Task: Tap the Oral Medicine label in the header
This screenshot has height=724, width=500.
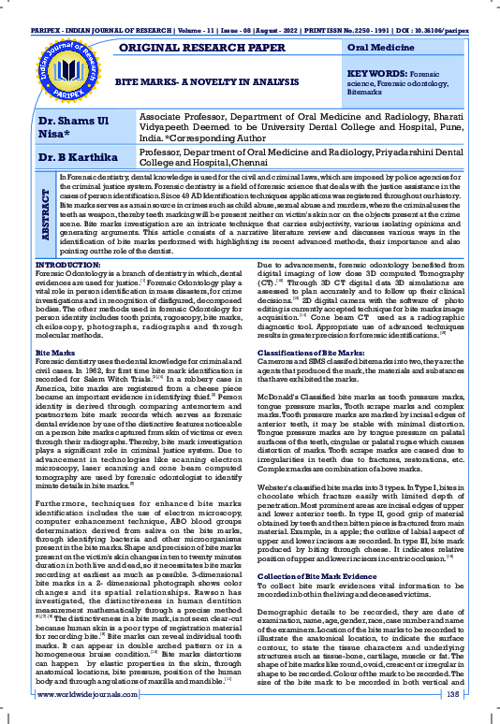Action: pos(380,46)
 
